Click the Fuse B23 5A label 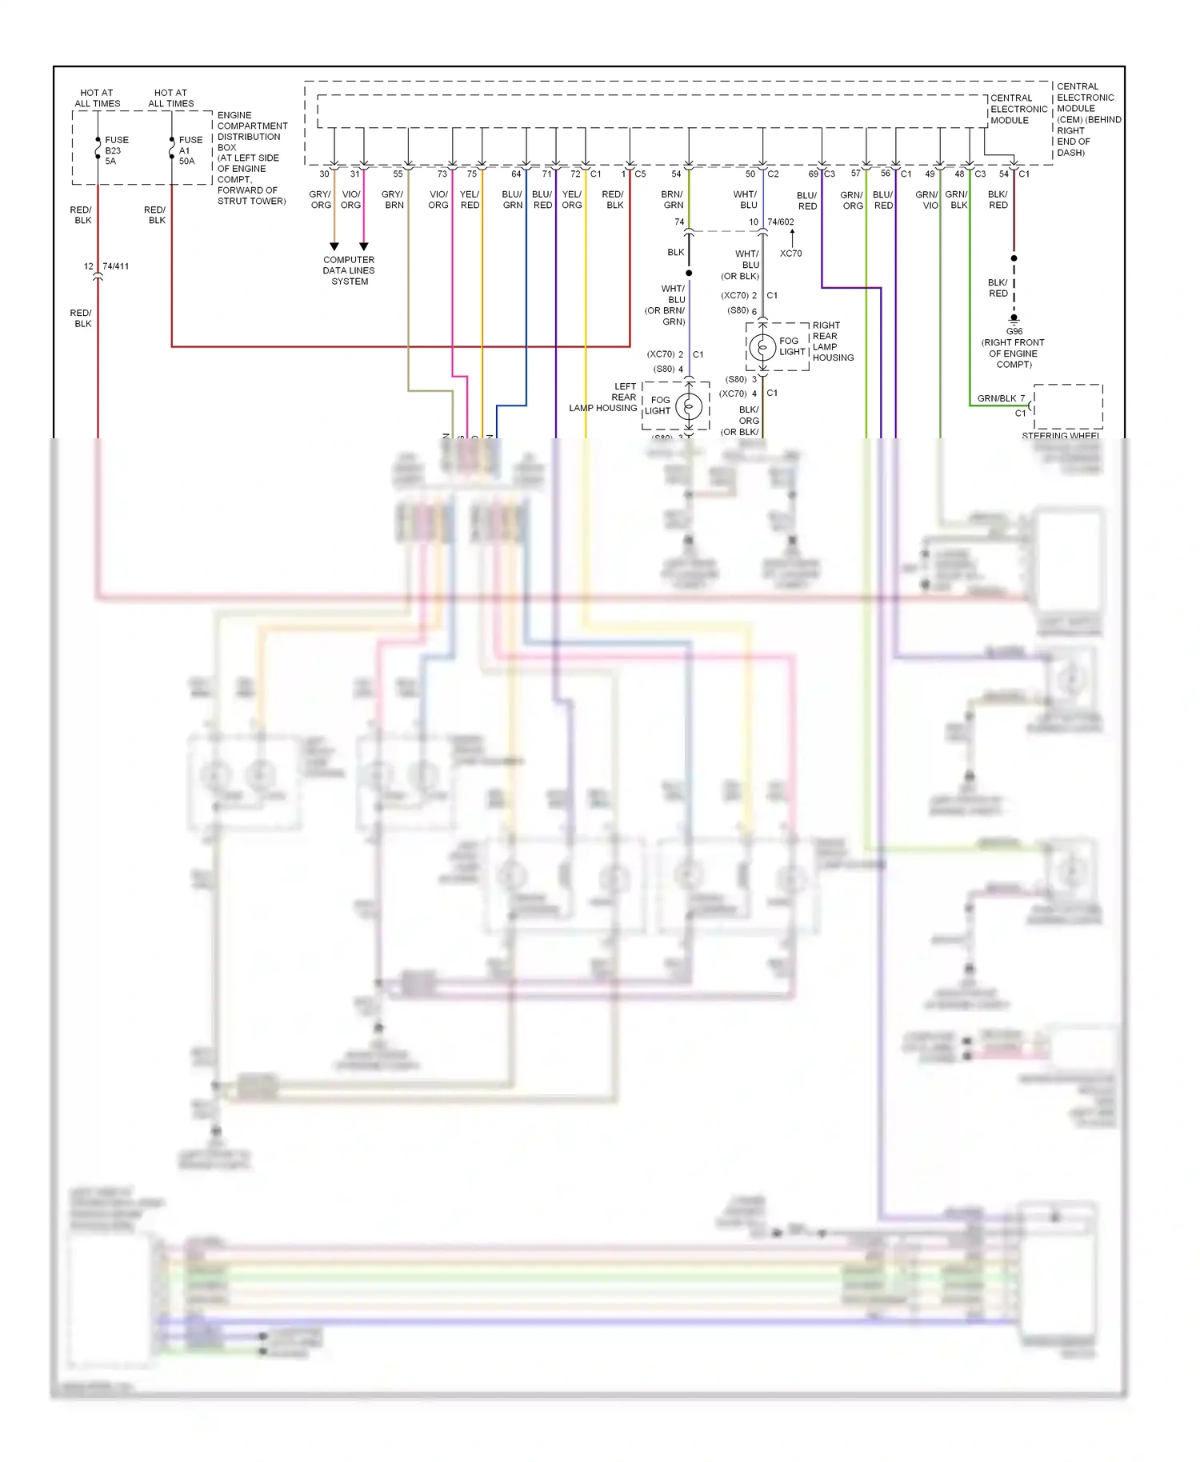115,150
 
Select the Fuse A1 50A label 190,150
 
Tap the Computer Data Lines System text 349,270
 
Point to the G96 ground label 1014,331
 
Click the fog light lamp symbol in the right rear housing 762,347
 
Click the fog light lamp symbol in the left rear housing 689,406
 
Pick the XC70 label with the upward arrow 790,254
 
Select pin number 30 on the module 324,174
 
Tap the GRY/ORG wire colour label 320,200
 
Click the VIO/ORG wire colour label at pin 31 350,200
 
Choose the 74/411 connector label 115,266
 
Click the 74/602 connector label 780,222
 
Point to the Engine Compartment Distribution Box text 251,158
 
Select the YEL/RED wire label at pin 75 470,200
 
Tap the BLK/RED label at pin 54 998,200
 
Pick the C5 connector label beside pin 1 640,174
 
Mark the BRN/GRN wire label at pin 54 672,200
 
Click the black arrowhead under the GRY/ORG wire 334,246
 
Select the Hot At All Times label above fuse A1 170,98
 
